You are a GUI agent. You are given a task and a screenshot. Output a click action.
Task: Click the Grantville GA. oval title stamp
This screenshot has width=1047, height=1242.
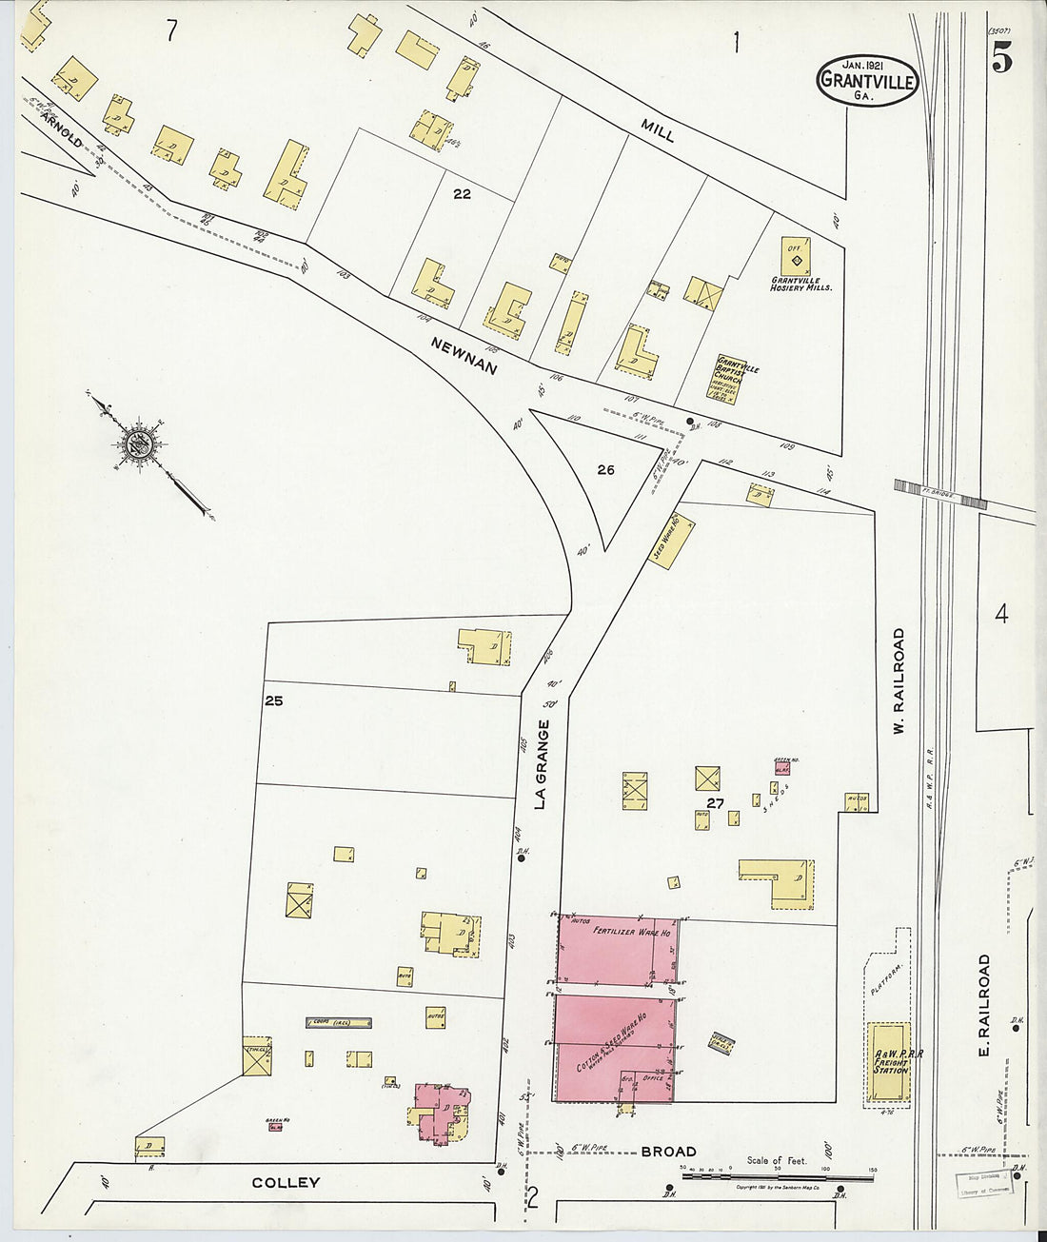pyautogui.click(x=866, y=80)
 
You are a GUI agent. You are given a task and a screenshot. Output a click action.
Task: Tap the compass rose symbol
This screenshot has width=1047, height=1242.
pyautogui.click(x=138, y=444)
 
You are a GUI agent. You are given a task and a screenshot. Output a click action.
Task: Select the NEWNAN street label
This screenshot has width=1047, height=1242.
pyautogui.click(x=464, y=355)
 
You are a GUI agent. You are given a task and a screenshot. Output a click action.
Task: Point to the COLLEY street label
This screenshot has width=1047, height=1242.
pyautogui.click(x=286, y=1183)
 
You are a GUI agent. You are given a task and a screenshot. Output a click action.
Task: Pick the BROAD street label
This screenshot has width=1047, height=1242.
pyautogui.click(x=668, y=1152)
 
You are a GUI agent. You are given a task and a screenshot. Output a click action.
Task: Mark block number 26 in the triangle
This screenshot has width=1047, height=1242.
pyautogui.click(x=606, y=469)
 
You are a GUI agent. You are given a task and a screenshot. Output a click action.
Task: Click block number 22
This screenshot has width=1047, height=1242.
pyautogui.click(x=463, y=194)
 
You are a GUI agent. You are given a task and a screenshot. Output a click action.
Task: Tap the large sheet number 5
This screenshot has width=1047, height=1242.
pyautogui.click(x=1001, y=60)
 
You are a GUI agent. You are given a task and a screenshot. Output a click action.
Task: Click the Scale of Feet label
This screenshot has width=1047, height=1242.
pyautogui.click(x=777, y=1160)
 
